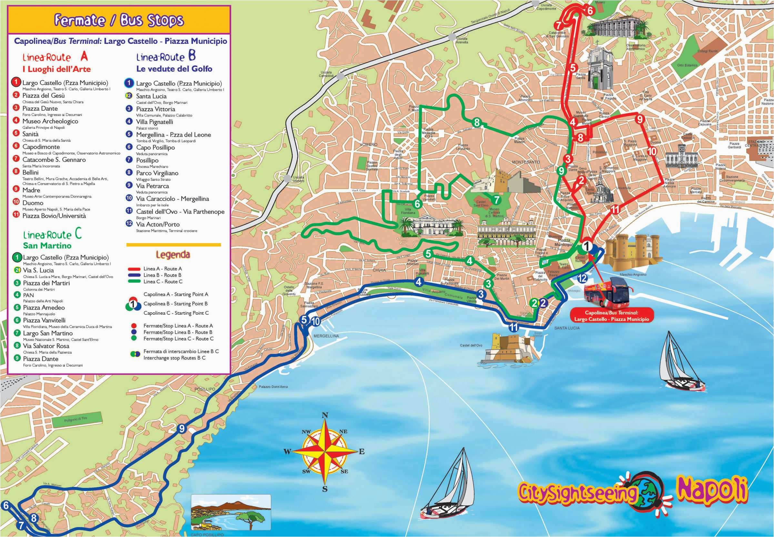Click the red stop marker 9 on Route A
pyautogui.click(x=639, y=119)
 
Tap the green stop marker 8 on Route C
pyautogui.click(x=477, y=123)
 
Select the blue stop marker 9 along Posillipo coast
pyautogui.click(x=182, y=428)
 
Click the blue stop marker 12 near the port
pyautogui.click(x=582, y=278)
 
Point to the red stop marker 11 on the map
pyautogui.click(x=615, y=210)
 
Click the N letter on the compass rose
pyautogui.click(x=325, y=415)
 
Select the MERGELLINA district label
pyautogui.click(x=326, y=336)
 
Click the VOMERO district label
pyautogui.click(x=369, y=144)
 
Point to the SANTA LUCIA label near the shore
pyautogui.click(x=567, y=328)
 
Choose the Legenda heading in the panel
pyautogui.click(x=173, y=255)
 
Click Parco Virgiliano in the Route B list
pyautogui.click(x=157, y=173)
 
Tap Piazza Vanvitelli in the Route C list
pyautogui.click(x=44, y=320)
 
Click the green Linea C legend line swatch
pyautogui.click(x=134, y=282)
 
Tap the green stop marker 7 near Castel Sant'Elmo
pyautogui.click(x=496, y=200)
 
